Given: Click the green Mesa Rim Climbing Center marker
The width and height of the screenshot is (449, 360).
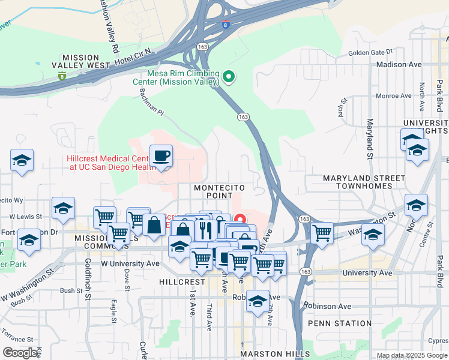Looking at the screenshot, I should click(228, 77).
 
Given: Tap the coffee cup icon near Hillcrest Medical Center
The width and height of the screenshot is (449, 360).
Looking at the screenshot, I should click(161, 157).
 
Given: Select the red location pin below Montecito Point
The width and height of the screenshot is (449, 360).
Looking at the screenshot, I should click(241, 220).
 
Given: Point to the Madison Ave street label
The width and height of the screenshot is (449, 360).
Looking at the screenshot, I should click(399, 64).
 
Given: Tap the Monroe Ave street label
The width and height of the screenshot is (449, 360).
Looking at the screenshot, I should click(393, 95).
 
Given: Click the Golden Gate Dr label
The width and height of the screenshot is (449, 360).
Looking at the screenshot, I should click(374, 52).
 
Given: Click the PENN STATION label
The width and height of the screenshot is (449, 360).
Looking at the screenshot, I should click(340, 323).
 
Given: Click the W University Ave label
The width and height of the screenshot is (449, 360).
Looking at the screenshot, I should click(130, 263).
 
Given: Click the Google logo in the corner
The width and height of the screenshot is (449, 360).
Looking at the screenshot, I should click(21, 353).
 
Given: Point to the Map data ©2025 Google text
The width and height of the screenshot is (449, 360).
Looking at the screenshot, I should click(412, 355).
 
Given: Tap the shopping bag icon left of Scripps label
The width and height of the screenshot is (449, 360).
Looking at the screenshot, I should click(154, 226).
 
